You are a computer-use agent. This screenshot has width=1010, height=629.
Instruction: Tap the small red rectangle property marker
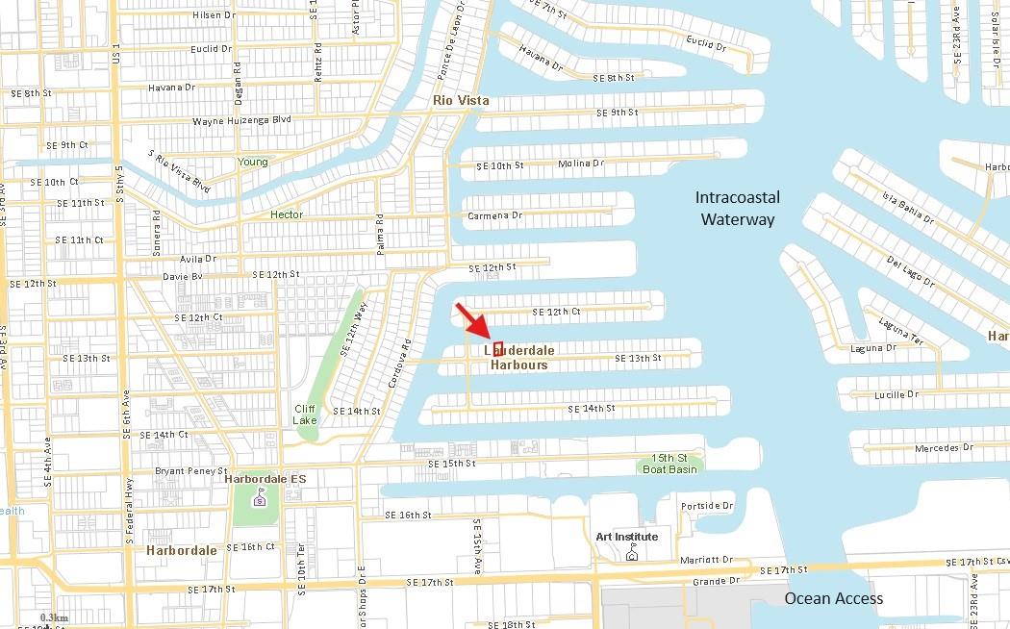(x=498, y=348)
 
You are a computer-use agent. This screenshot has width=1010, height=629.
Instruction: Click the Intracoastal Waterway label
(x=738, y=208)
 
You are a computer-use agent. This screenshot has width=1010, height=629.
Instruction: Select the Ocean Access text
(x=833, y=598)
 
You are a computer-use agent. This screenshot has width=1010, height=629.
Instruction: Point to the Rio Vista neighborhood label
(x=461, y=100)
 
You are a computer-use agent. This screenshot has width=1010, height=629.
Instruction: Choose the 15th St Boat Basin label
(x=670, y=464)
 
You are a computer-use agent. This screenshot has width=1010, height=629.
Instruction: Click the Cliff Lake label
(x=305, y=415)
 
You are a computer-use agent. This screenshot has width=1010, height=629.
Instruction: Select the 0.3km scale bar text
(x=55, y=617)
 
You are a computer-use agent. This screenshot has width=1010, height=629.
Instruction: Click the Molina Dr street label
(x=581, y=164)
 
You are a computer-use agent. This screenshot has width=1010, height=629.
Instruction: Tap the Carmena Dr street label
(x=494, y=215)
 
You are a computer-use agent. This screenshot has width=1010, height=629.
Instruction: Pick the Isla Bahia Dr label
(x=907, y=207)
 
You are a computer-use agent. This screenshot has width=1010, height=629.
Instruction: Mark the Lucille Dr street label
(x=896, y=394)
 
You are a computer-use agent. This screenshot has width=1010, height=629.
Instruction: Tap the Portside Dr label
(x=707, y=506)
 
